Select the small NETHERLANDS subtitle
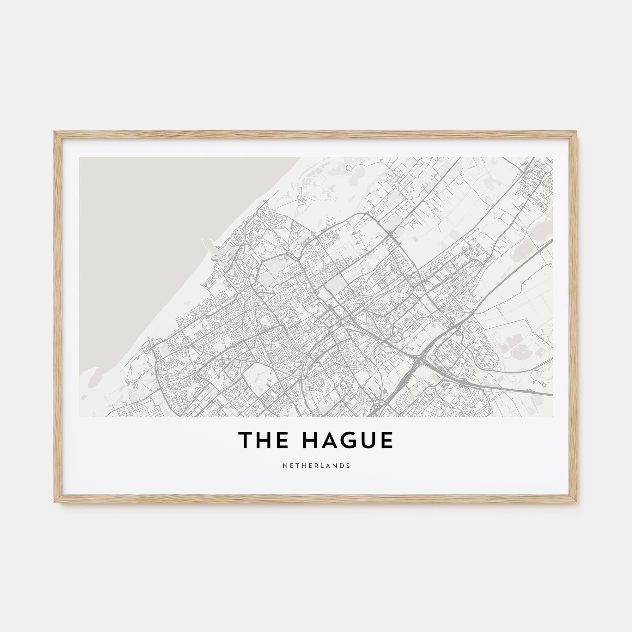(x=316, y=466)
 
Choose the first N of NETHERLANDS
(x=284, y=466)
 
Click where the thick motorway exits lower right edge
(x=551, y=394)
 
